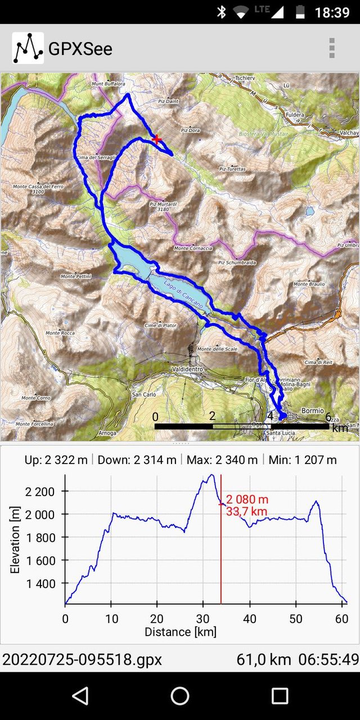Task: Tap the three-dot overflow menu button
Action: (332, 48)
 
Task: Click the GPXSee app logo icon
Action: (28, 48)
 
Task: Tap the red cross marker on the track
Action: (157, 138)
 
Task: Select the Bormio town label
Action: (313, 411)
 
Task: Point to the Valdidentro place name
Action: (190, 369)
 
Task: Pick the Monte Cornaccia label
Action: (193, 249)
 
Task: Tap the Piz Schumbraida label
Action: (237, 262)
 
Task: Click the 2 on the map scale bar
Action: (212, 417)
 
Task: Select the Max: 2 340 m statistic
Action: (222, 460)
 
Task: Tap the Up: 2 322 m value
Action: (56, 460)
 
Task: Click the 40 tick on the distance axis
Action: (249, 619)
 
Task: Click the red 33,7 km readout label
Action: (246, 511)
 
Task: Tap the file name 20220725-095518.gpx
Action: (82, 659)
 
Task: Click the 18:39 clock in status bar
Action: (332, 12)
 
